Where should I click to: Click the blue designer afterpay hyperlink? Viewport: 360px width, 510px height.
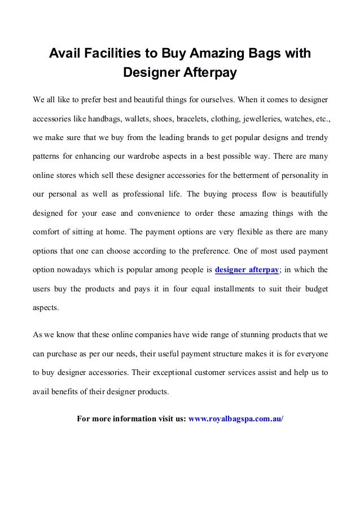click(x=247, y=270)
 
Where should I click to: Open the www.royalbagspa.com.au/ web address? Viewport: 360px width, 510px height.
click(x=236, y=419)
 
